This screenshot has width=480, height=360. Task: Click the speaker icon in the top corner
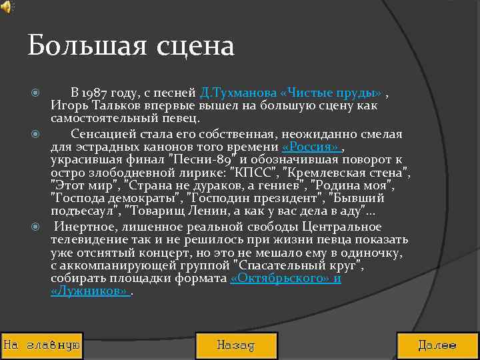click(x=6, y=7)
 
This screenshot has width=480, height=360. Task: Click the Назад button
click(x=235, y=345)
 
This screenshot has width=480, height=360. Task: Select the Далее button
click(x=437, y=345)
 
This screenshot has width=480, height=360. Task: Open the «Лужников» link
click(x=89, y=291)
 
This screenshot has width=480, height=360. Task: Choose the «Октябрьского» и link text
click(x=285, y=279)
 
